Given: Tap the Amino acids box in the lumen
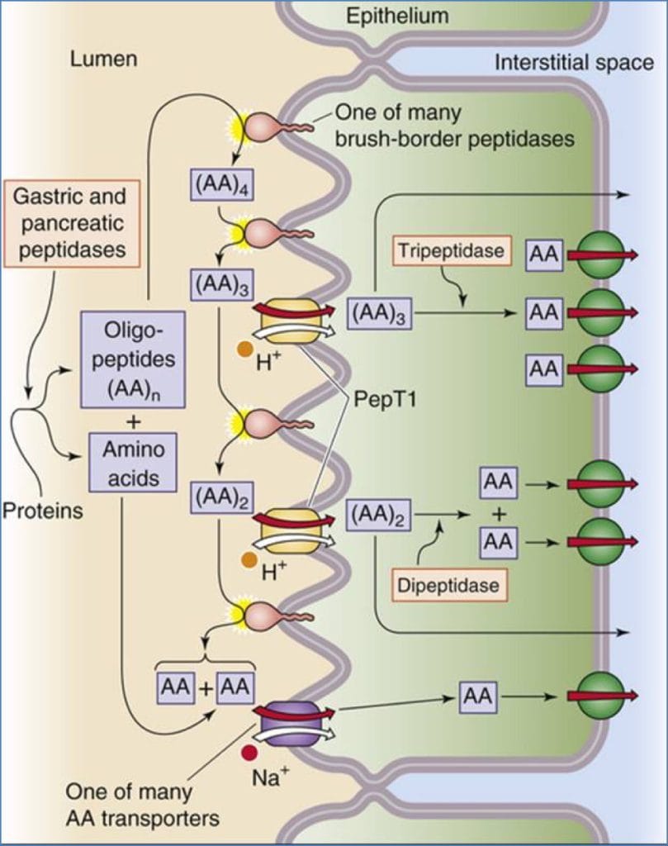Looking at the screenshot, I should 132,463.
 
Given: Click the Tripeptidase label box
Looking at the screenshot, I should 451,250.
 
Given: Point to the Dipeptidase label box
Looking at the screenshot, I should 448,586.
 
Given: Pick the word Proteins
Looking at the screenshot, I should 42,511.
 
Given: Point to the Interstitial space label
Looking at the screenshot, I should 574,63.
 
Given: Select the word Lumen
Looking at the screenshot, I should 103,59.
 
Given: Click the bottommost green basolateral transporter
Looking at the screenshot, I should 600,696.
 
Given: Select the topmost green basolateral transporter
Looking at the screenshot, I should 600,255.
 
